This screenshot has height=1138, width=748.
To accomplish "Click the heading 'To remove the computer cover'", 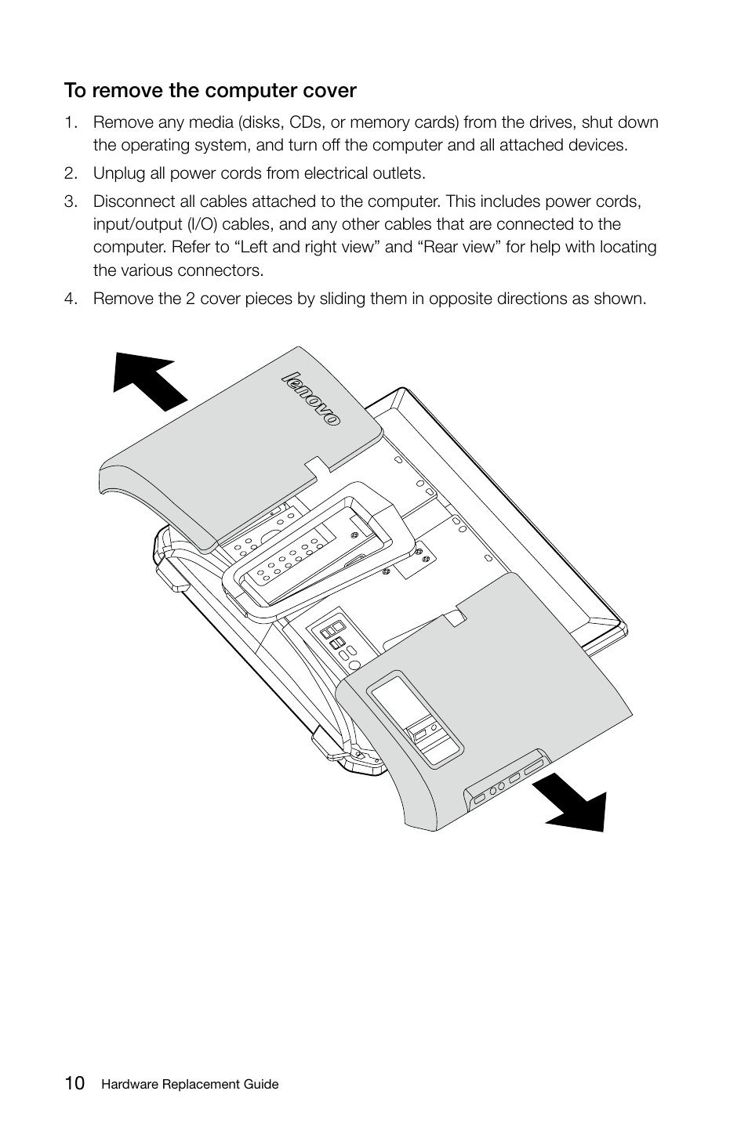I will (210, 91).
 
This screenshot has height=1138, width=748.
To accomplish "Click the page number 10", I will (75, 1083).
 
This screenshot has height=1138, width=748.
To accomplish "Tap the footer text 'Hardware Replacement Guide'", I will (189, 1085).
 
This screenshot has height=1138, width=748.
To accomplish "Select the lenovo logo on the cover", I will (310, 399).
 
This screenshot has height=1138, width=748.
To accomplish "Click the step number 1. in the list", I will (71, 122).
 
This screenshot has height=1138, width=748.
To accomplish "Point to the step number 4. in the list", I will (71, 299).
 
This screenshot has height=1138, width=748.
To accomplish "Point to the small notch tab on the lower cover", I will (454, 618).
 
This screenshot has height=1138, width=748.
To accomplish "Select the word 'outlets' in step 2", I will (398, 173).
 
